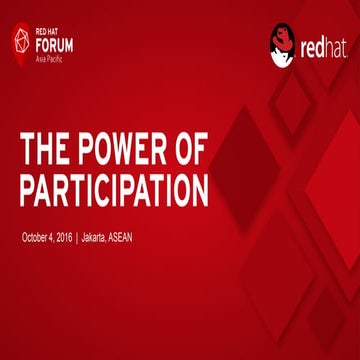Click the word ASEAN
click(124, 237)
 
